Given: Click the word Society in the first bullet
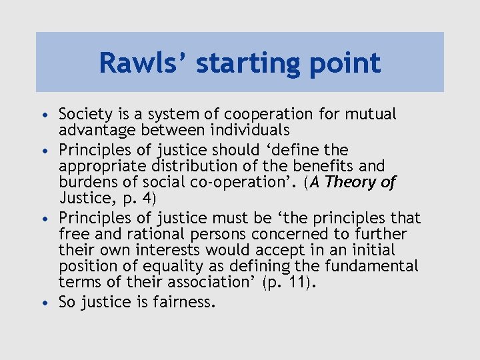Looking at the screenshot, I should click(x=84, y=115).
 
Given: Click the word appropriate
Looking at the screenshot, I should click(x=101, y=166).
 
